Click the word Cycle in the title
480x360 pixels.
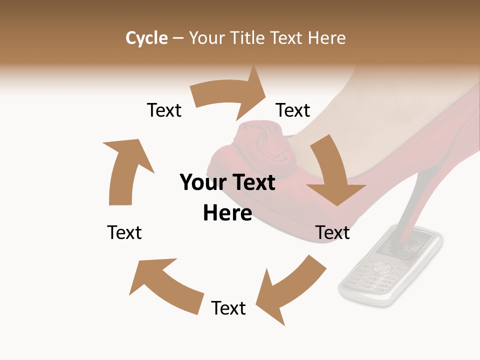146,38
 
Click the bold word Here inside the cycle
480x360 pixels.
227,213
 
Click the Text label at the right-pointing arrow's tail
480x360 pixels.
164,110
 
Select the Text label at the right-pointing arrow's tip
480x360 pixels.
293,110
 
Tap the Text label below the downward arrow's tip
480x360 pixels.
332,232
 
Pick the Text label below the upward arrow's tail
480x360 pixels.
124,232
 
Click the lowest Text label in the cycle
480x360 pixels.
228,308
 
